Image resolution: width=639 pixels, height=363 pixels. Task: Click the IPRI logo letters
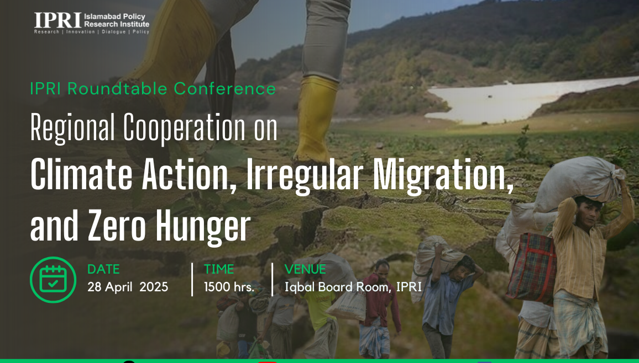click(x=58, y=20)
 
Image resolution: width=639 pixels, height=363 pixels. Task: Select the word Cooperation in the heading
click(x=185, y=127)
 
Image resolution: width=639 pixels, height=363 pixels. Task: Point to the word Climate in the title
click(x=81, y=175)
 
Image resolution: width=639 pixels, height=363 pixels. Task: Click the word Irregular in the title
click(x=304, y=175)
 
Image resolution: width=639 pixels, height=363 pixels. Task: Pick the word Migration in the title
click(x=443, y=175)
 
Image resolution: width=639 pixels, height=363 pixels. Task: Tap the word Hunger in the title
click(x=203, y=225)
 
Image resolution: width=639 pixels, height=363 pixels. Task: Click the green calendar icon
click(x=53, y=280)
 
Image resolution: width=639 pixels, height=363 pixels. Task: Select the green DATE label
click(x=103, y=269)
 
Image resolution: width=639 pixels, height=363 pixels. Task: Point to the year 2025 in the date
click(x=154, y=287)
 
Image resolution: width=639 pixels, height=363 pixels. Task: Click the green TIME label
click(x=219, y=269)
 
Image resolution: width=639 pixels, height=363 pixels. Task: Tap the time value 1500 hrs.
click(x=229, y=287)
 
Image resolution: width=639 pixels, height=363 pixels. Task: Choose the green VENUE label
click(x=305, y=269)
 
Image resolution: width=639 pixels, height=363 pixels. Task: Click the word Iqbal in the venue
click(x=300, y=287)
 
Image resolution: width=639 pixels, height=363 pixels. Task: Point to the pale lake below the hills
click(x=526, y=100)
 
